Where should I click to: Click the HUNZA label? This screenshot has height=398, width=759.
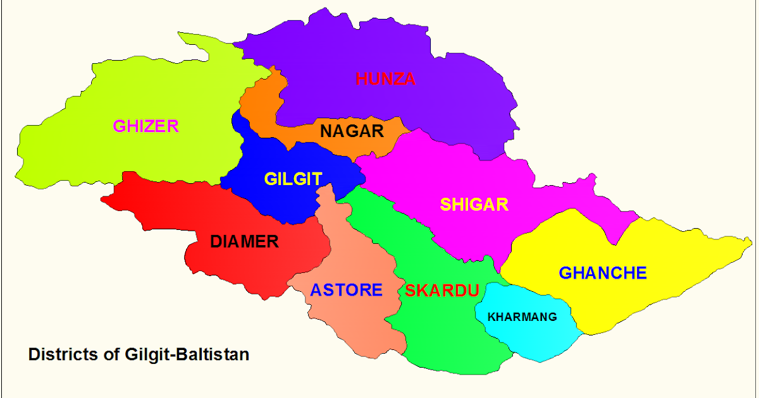[x=385, y=79]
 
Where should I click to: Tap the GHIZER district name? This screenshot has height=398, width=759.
[x=145, y=126]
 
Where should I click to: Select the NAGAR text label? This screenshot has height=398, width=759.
[x=352, y=131]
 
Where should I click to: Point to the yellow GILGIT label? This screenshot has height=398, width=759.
[x=293, y=179]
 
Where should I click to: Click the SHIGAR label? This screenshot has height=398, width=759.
[x=474, y=205]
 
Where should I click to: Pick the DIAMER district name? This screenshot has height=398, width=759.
[x=244, y=241]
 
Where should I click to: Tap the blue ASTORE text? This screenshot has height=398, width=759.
[x=346, y=290]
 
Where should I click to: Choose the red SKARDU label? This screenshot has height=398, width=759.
[x=441, y=291]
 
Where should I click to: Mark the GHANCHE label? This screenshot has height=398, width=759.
[x=602, y=273]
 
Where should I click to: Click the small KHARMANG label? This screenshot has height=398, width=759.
[x=522, y=317]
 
